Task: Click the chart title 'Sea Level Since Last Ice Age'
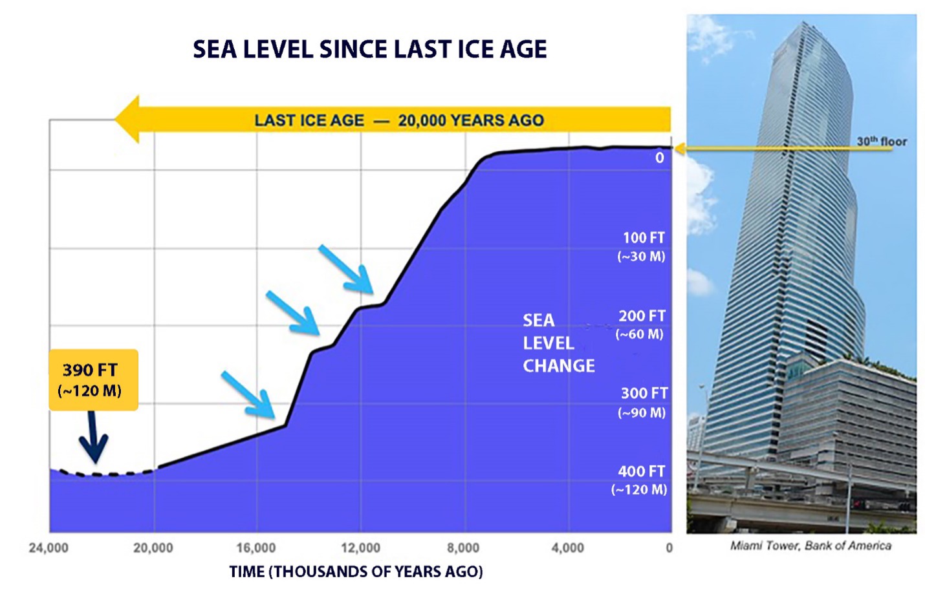pyautogui.click(x=369, y=49)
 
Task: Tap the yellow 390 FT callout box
pyautogui.click(x=93, y=379)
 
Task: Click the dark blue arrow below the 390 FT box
pyautogui.click(x=94, y=438)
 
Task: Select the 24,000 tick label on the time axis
pyautogui.click(x=49, y=548)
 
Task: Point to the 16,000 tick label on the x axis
pyautogui.click(x=256, y=548)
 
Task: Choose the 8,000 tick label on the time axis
pyautogui.click(x=463, y=548)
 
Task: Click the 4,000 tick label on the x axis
pyautogui.click(x=567, y=548)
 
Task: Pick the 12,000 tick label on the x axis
pyautogui.click(x=360, y=548)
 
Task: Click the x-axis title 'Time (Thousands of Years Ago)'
pyautogui.click(x=356, y=571)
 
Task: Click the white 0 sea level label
pyautogui.click(x=659, y=158)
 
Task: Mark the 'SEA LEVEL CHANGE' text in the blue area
pyautogui.click(x=558, y=343)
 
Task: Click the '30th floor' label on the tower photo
pyautogui.click(x=882, y=141)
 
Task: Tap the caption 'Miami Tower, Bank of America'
pyautogui.click(x=811, y=546)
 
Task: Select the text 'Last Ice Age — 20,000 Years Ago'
pyautogui.click(x=398, y=120)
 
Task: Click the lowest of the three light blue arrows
pyautogui.click(x=248, y=394)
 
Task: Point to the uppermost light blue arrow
pyautogui.click(x=346, y=270)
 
